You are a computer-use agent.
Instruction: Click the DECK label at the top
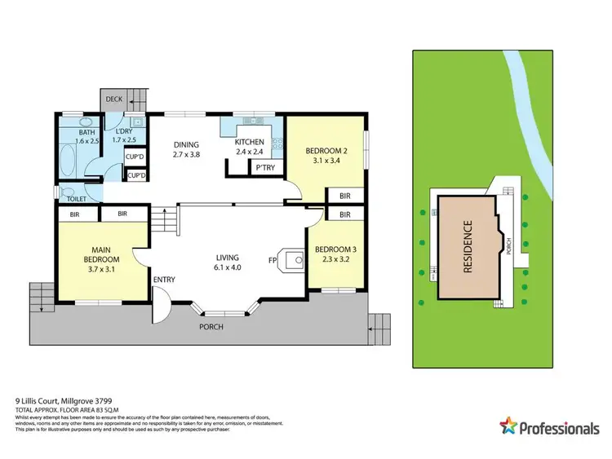coord(114,99)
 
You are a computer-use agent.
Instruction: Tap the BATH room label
coord(86,132)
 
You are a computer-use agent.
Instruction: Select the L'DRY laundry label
coord(124,132)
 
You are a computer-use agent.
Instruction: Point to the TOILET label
coord(77,198)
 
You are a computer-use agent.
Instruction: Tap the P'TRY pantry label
coord(264,168)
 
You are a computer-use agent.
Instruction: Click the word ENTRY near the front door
coord(164,280)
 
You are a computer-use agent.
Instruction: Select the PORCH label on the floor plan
coord(211,327)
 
